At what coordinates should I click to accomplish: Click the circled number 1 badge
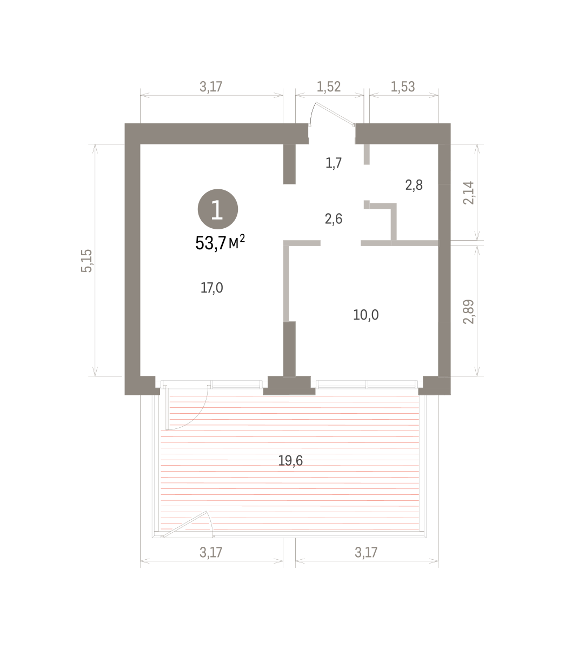coord(218,209)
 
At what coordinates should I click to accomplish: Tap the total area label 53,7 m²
coord(220,243)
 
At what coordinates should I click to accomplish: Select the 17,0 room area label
coord(212,288)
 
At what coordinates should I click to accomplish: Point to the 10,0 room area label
coord(366,315)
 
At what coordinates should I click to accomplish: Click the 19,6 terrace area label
coord(290,460)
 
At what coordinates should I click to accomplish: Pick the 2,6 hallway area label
coord(334,219)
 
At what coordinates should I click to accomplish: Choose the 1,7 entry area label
coord(334,163)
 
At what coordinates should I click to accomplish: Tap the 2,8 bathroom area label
coord(414,185)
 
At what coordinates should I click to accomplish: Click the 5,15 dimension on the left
coord(87,261)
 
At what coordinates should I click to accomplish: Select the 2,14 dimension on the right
coord(468,193)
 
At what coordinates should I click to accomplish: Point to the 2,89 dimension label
coord(468,311)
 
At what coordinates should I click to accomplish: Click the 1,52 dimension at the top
coord(329,87)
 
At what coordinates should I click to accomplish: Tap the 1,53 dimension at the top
coord(403,87)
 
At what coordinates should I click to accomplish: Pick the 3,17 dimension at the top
coord(211,87)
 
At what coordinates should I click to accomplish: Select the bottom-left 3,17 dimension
coord(211,552)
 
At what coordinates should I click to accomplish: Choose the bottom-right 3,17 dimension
coord(366,552)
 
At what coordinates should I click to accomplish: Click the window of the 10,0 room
coord(366,385)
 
